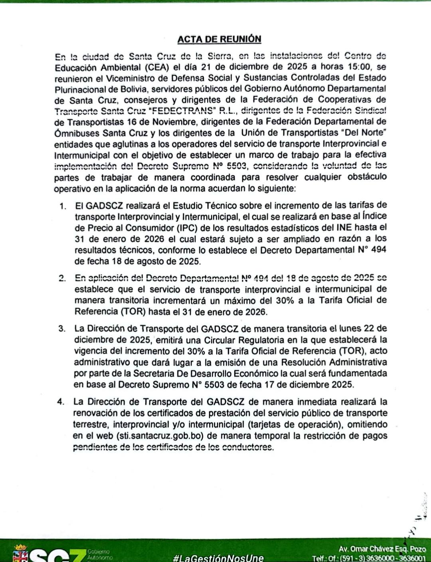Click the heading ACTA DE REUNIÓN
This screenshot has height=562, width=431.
(x=219, y=39)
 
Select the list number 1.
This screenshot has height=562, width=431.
(x=62, y=206)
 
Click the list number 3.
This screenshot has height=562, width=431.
(x=62, y=328)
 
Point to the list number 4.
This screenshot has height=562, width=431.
(x=61, y=402)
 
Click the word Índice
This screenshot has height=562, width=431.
(x=372, y=217)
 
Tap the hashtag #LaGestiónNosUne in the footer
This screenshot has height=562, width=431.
(x=218, y=557)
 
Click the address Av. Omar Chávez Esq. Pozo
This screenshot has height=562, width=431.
(x=382, y=549)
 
